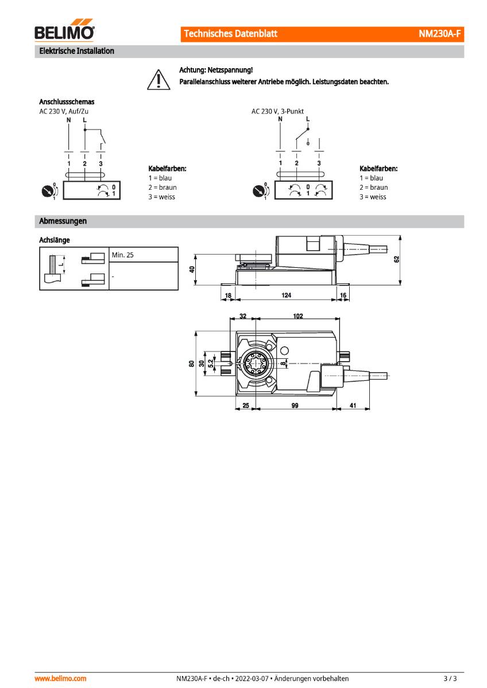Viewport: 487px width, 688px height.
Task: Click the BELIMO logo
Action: [x=64, y=32]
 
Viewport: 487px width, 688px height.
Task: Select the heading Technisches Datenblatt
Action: [x=230, y=34]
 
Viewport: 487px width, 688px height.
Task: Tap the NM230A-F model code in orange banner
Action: [x=439, y=34]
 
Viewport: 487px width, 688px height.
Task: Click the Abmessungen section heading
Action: [x=63, y=221]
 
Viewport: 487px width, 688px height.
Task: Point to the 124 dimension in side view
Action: [x=286, y=295]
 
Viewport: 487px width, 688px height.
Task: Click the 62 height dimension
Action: [x=397, y=259]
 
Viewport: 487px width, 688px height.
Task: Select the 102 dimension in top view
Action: [x=297, y=316]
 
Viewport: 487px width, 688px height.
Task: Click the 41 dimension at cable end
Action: [x=353, y=405]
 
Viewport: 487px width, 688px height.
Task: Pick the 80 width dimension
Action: [x=191, y=363]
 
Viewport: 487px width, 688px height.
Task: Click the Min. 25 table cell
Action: [x=123, y=255]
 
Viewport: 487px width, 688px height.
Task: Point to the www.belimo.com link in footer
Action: [x=61, y=678]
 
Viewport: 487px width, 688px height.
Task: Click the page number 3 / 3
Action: [x=450, y=678]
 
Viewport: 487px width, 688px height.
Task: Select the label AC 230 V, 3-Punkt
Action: [x=277, y=111]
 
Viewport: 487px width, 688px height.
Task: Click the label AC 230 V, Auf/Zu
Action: [x=64, y=111]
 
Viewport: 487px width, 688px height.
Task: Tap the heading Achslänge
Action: [x=55, y=240]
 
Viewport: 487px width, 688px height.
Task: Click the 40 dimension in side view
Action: [x=192, y=269]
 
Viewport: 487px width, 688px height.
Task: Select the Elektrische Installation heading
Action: [x=76, y=51]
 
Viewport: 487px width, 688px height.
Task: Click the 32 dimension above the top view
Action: [x=243, y=316]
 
